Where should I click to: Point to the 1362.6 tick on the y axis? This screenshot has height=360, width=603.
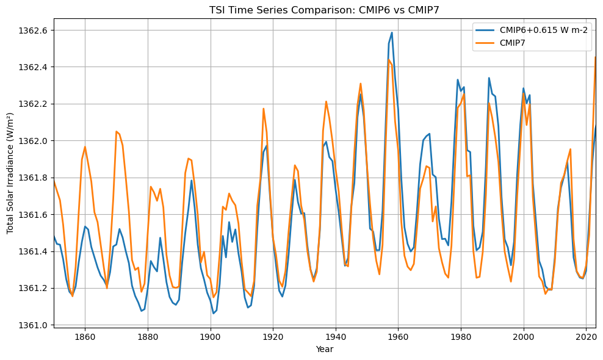[x=34, y=30]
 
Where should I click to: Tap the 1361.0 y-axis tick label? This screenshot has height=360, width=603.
[x=34, y=325]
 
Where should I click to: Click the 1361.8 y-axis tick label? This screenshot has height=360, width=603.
[x=34, y=178]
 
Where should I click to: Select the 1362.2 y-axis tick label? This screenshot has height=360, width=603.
[x=34, y=104]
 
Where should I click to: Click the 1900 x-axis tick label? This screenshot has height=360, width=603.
[x=211, y=337]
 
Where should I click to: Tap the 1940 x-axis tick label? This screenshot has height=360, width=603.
[x=336, y=337]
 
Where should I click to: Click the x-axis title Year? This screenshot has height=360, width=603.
[x=325, y=349]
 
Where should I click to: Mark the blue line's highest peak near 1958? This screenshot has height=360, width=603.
[x=392, y=32]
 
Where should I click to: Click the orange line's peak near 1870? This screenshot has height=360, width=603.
[x=116, y=131]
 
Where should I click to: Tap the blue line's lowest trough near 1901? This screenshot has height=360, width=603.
[x=214, y=314]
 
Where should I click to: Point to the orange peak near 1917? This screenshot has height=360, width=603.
[x=264, y=109]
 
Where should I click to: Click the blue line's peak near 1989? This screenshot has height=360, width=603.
[x=489, y=77]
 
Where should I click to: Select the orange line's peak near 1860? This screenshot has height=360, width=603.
[x=85, y=146]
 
